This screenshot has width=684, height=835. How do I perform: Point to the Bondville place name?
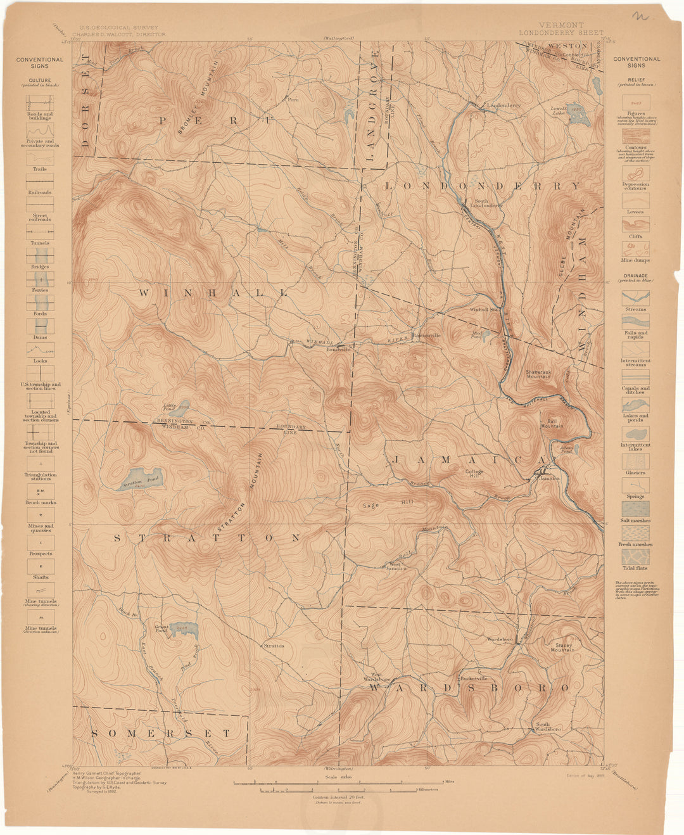[338, 349]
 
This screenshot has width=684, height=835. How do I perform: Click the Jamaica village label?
[548, 478]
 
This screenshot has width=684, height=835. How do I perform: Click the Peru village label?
[293, 99]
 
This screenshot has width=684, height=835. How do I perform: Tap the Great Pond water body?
[186, 629]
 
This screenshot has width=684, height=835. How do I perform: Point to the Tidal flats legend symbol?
[635, 557]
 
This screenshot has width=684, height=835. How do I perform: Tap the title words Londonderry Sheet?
[560, 32]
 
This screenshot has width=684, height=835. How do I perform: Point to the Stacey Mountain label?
[562, 647]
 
